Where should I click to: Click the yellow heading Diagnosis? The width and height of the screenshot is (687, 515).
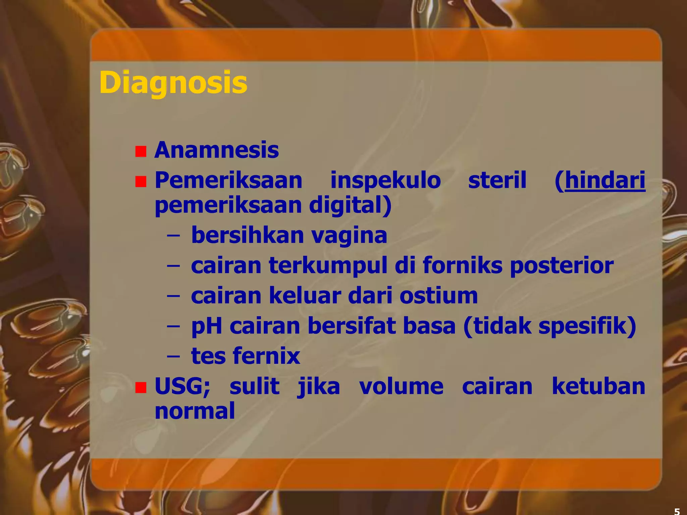[x=173, y=82]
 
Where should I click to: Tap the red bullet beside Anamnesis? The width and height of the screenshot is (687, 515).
[x=141, y=152]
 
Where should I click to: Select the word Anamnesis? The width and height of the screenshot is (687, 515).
[x=216, y=150]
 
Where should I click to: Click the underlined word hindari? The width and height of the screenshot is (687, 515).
[x=605, y=180]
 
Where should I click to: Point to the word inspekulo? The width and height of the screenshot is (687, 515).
[x=385, y=180]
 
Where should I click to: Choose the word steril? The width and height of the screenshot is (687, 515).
[x=497, y=180]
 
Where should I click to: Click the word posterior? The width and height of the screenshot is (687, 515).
[x=562, y=266]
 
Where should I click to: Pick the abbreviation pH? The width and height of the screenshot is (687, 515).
[x=206, y=326]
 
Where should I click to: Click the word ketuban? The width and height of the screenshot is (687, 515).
[x=598, y=386]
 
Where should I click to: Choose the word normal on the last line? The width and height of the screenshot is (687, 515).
[x=195, y=411]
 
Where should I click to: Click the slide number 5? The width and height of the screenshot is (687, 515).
[x=677, y=511]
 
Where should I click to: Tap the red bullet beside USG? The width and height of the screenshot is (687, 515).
[x=141, y=388]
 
